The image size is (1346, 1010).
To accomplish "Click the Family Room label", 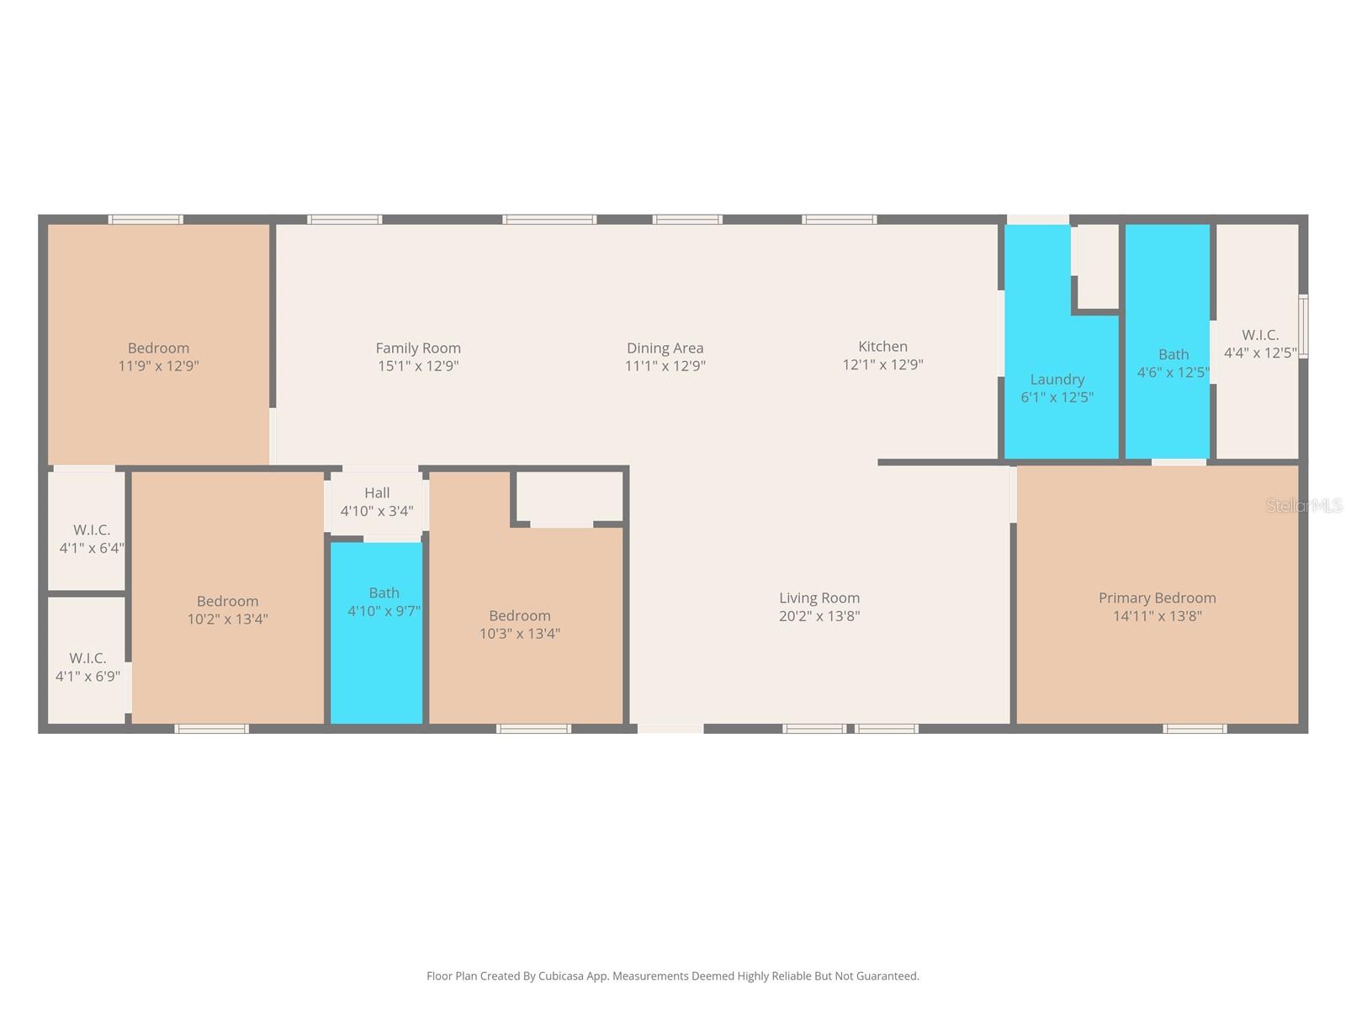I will (x=418, y=348).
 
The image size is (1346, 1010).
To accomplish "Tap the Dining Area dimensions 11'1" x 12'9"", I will (x=665, y=366).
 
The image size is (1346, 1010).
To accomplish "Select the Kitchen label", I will (x=882, y=346).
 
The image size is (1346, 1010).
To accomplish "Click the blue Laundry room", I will (x=1057, y=388).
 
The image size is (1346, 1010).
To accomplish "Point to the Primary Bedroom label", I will (x=1157, y=598).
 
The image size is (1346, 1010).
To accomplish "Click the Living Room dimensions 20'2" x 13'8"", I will (x=819, y=616).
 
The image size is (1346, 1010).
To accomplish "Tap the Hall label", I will (x=377, y=493).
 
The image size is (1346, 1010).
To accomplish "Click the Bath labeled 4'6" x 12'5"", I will (x=1173, y=363).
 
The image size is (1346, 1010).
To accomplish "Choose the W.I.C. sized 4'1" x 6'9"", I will (x=87, y=667).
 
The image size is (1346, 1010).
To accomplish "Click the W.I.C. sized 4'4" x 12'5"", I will (x=1259, y=343).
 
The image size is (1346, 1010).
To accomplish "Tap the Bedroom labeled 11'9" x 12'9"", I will (x=158, y=356).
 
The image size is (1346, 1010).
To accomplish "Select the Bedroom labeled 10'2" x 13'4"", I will (x=227, y=609).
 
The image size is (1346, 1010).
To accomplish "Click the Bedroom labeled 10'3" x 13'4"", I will (x=520, y=624).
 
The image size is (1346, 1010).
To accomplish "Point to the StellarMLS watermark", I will (x=1304, y=506).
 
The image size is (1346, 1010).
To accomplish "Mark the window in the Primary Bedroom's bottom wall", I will (x=1195, y=728).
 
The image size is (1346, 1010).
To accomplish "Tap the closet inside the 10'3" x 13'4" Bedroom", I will (x=570, y=497).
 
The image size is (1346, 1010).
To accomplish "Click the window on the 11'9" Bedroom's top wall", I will (x=146, y=220).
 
